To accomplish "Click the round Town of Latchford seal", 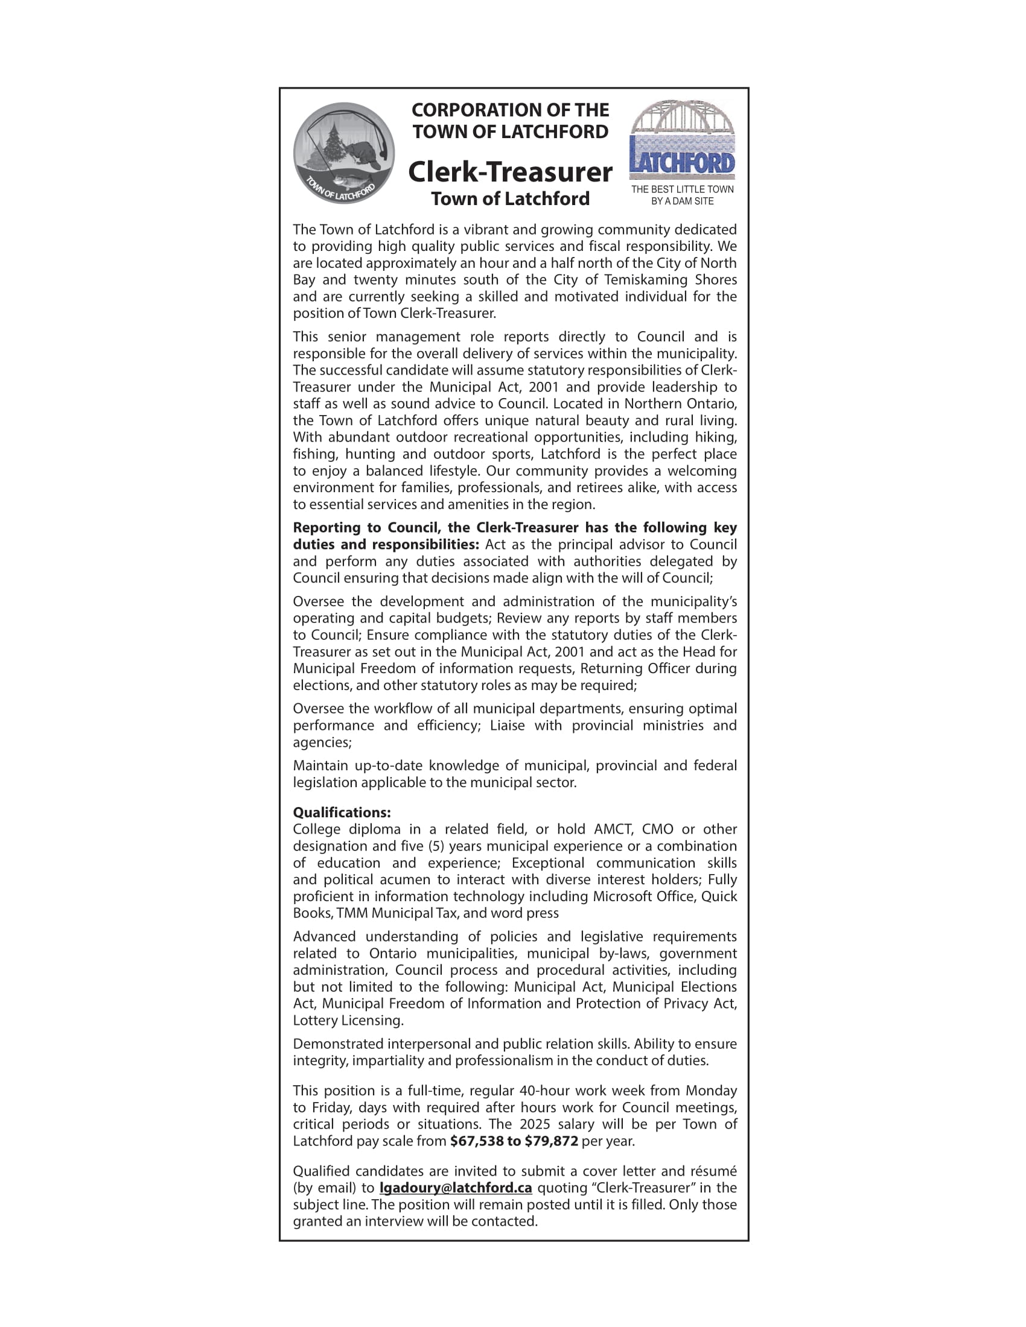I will [x=343, y=153].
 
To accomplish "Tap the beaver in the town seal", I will [x=363, y=154].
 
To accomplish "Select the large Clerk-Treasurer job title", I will [x=510, y=172].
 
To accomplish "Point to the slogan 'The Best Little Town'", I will [x=682, y=189].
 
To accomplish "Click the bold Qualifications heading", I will [x=342, y=812].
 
